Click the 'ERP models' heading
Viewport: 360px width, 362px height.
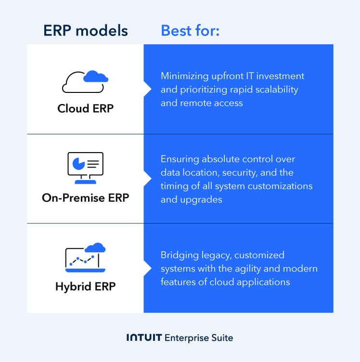[85, 31]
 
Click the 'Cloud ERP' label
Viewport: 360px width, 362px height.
[85, 108]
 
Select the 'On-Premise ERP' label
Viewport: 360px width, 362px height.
[85, 198]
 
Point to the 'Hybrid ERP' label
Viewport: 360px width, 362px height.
[85, 287]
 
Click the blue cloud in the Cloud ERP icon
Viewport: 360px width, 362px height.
[95, 76]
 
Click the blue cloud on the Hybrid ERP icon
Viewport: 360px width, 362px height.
[95, 247]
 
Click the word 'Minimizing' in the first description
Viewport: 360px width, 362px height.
[183, 76]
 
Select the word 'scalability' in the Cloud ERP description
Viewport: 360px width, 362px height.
[276, 90]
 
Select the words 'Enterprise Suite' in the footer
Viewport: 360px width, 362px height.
[199, 338]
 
